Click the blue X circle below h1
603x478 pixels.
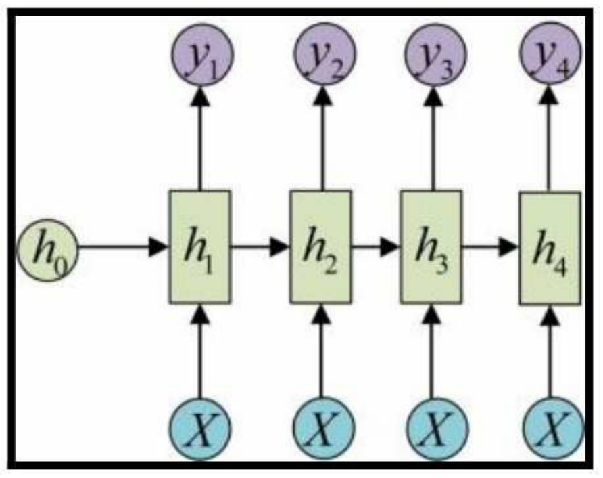(199, 428)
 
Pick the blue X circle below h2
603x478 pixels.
(320, 428)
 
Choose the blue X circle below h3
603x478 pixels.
(431, 428)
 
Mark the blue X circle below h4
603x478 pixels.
(549, 428)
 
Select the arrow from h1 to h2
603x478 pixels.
(260, 247)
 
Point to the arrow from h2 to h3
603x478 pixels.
(376, 247)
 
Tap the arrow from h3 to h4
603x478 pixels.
(490, 247)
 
